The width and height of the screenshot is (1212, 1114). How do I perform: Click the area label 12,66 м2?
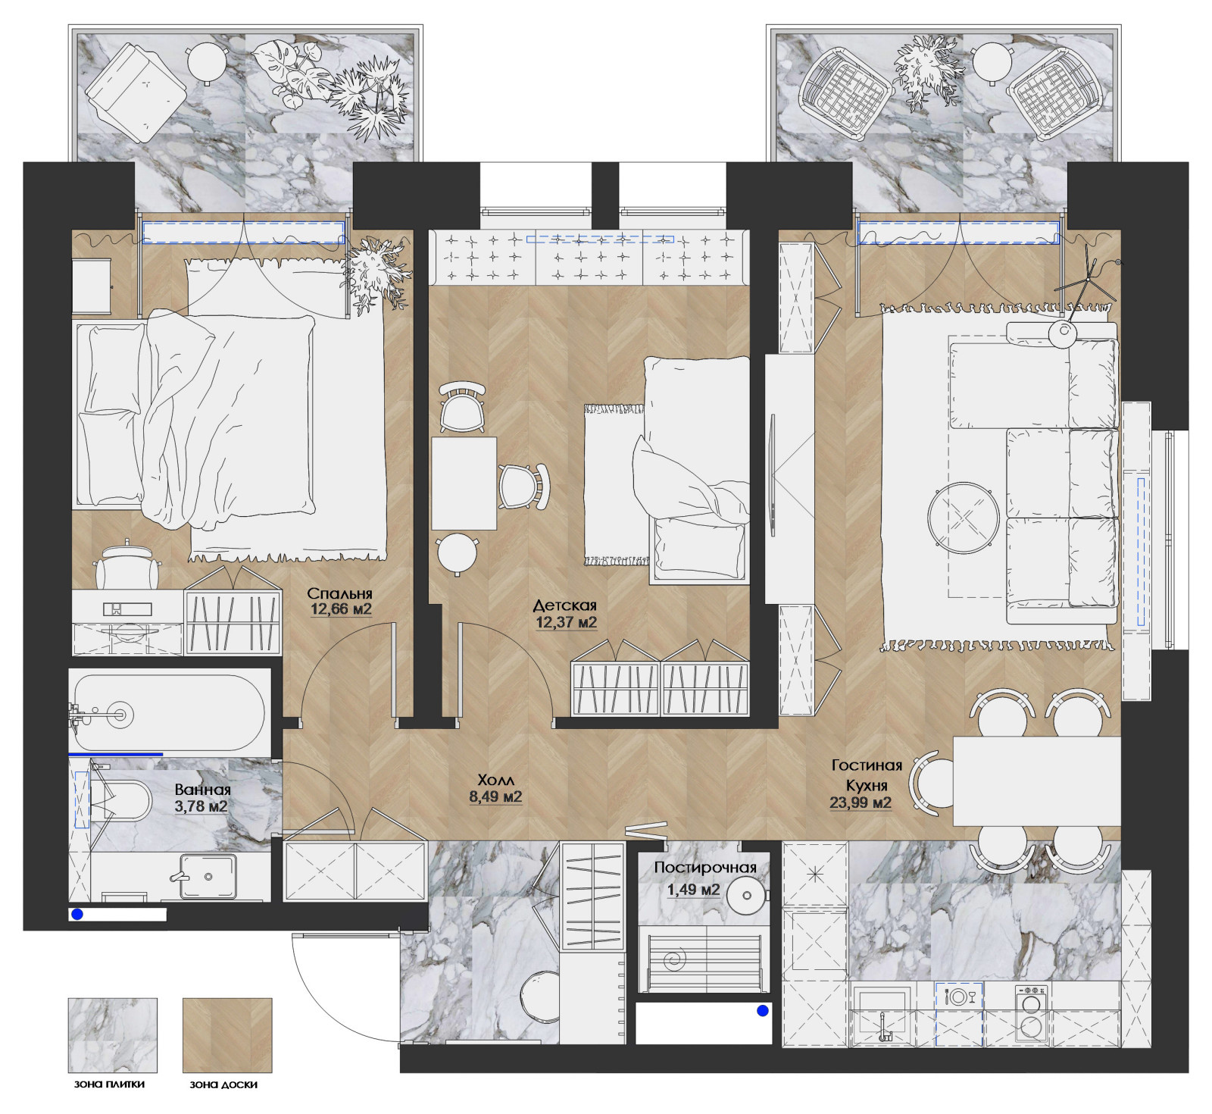pos(341,609)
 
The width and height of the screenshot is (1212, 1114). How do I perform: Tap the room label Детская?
pos(565,606)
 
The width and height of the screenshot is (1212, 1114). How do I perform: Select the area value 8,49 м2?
pos(495,796)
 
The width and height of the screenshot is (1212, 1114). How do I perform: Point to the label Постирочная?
pos(705,868)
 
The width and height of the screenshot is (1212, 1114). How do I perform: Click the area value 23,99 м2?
pos(861,803)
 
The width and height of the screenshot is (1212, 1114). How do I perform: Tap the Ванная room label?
pos(202,790)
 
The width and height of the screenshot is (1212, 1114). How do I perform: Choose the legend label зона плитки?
pos(110,1084)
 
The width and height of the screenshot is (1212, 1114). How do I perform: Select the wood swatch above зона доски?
pos(227,1034)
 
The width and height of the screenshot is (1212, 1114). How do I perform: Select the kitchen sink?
pos(883,1014)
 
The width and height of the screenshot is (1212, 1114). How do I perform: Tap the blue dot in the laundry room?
pos(763,1011)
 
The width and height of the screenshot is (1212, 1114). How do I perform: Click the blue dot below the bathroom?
pos(77,915)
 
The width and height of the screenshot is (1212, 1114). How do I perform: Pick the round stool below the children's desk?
pos(457,554)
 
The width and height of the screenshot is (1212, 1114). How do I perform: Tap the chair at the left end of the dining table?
pos(931,782)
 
